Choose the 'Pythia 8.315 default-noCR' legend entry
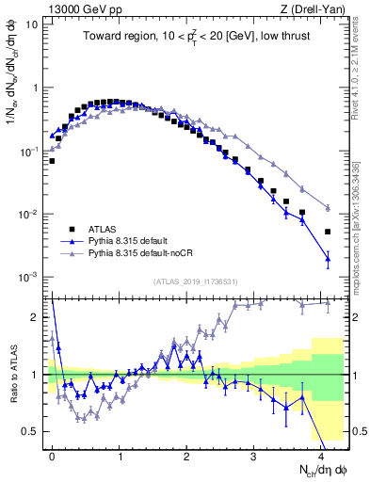coord(141,253)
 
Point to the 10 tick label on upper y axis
coord(31,24)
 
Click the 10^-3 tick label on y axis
coord(27,278)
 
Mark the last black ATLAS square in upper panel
coord(328,232)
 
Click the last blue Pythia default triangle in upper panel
coord(328,258)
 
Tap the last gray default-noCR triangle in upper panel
coord(328,208)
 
